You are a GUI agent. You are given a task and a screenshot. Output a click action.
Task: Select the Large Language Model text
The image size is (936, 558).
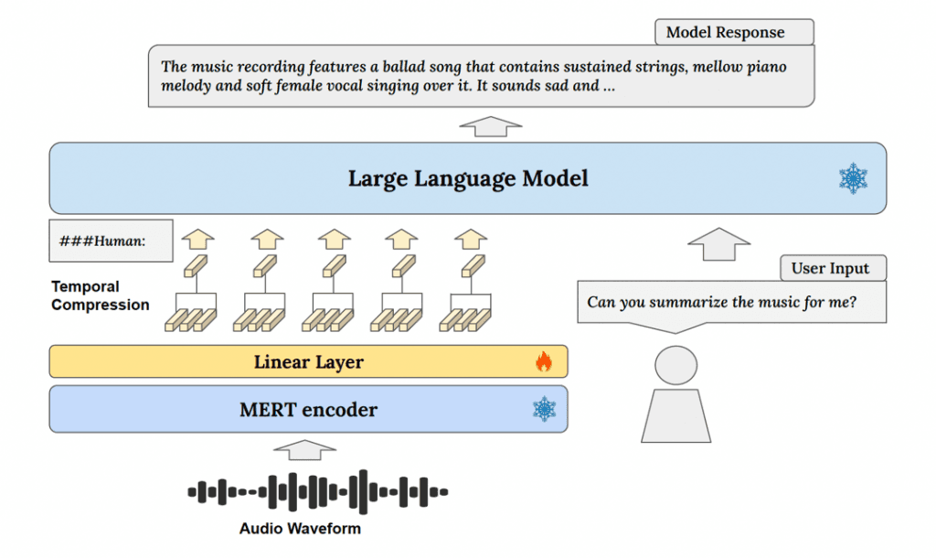tap(468, 178)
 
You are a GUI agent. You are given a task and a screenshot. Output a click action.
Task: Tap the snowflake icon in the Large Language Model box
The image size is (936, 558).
tap(853, 178)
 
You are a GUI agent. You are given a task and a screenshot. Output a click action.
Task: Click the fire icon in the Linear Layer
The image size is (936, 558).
tap(544, 362)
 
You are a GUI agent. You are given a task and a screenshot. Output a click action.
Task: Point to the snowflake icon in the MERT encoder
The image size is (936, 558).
tap(544, 409)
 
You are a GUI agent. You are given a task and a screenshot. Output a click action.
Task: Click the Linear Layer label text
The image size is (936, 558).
tap(308, 362)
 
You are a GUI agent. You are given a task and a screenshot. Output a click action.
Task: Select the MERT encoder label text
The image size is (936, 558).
tap(308, 410)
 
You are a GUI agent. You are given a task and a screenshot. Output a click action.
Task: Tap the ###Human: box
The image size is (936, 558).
tap(111, 241)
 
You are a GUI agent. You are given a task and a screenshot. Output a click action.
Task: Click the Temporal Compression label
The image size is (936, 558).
tap(100, 295)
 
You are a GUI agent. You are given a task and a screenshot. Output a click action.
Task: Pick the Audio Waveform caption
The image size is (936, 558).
tap(300, 529)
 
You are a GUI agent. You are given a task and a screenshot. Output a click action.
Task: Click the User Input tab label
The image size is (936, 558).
tap(830, 269)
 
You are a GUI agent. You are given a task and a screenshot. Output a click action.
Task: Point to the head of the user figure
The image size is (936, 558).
tap(675, 366)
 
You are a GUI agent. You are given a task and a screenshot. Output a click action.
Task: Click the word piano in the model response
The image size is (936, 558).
tap(766, 67)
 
